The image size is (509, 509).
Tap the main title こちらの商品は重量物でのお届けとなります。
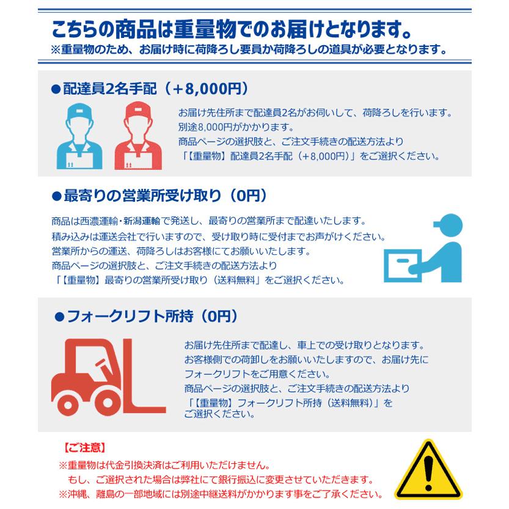[230, 29]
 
